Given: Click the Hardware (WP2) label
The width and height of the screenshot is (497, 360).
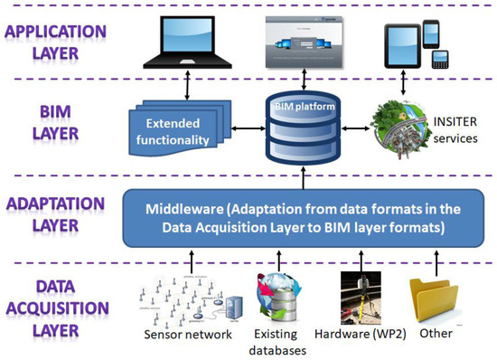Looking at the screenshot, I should (360, 333).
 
